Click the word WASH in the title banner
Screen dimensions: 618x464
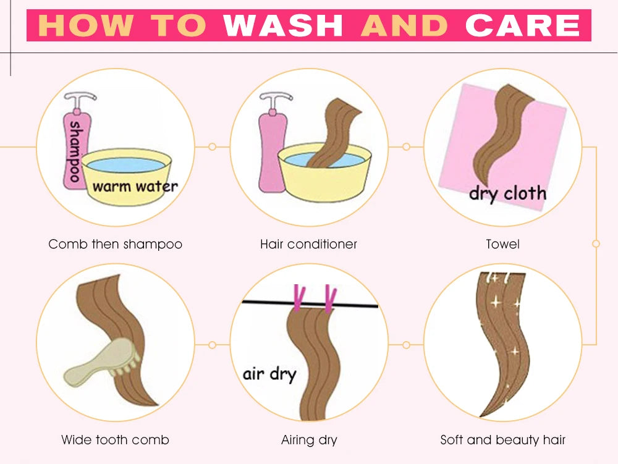pyautogui.click(x=283, y=25)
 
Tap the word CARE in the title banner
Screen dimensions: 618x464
pyautogui.click(x=523, y=25)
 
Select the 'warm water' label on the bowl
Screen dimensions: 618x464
pyautogui.click(x=135, y=186)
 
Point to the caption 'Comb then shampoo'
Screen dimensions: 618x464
pyautogui.click(x=115, y=244)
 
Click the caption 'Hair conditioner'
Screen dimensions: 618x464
pyautogui.click(x=308, y=244)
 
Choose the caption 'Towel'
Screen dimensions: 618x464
pyautogui.click(x=502, y=244)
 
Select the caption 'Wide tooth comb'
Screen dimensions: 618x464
pyautogui.click(x=115, y=439)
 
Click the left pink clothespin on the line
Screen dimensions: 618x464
pyautogui.click(x=299, y=297)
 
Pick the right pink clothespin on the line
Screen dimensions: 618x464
pyautogui.click(x=330, y=298)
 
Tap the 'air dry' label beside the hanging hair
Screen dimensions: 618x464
pyautogui.click(x=269, y=374)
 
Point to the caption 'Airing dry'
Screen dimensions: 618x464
pyautogui.click(x=309, y=439)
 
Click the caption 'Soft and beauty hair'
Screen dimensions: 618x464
pyautogui.click(x=502, y=439)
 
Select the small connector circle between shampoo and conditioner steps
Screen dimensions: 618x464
pyautogui.click(x=212, y=147)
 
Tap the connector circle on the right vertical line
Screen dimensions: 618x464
pyautogui.click(x=596, y=244)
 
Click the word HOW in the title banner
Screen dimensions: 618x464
pyautogui.click(x=85, y=25)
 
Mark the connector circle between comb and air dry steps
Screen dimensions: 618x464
pyautogui.click(x=212, y=345)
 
